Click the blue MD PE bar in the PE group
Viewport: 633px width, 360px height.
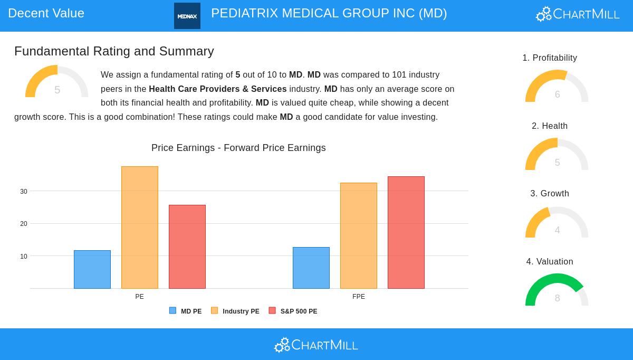click(x=92, y=269)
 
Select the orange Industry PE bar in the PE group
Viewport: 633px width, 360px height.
click(x=140, y=228)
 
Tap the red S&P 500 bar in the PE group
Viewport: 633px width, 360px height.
click(x=187, y=247)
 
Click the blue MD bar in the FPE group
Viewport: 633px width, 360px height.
click(x=311, y=268)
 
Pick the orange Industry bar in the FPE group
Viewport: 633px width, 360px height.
click(x=359, y=235)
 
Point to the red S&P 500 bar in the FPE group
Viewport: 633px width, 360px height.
click(x=406, y=232)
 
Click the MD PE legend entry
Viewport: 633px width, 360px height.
click(x=186, y=311)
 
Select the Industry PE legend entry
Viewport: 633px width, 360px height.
click(x=235, y=311)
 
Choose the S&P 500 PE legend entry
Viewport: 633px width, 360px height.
click(x=293, y=311)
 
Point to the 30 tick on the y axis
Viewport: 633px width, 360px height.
click(x=24, y=192)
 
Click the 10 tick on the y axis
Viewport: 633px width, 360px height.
click(x=24, y=257)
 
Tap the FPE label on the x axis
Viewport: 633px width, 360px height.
click(x=359, y=297)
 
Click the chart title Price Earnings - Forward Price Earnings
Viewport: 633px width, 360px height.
click(x=238, y=148)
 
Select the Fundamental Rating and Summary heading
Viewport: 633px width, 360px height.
click(x=114, y=51)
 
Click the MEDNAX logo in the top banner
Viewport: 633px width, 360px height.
click(x=187, y=16)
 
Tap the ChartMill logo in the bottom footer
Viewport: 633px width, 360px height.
click(x=316, y=345)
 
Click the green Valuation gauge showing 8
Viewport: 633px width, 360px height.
click(x=557, y=290)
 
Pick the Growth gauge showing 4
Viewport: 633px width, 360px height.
click(x=557, y=223)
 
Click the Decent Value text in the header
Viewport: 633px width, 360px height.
click(x=46, y=13)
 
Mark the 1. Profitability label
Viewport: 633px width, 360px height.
click(x=550, y=58)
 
